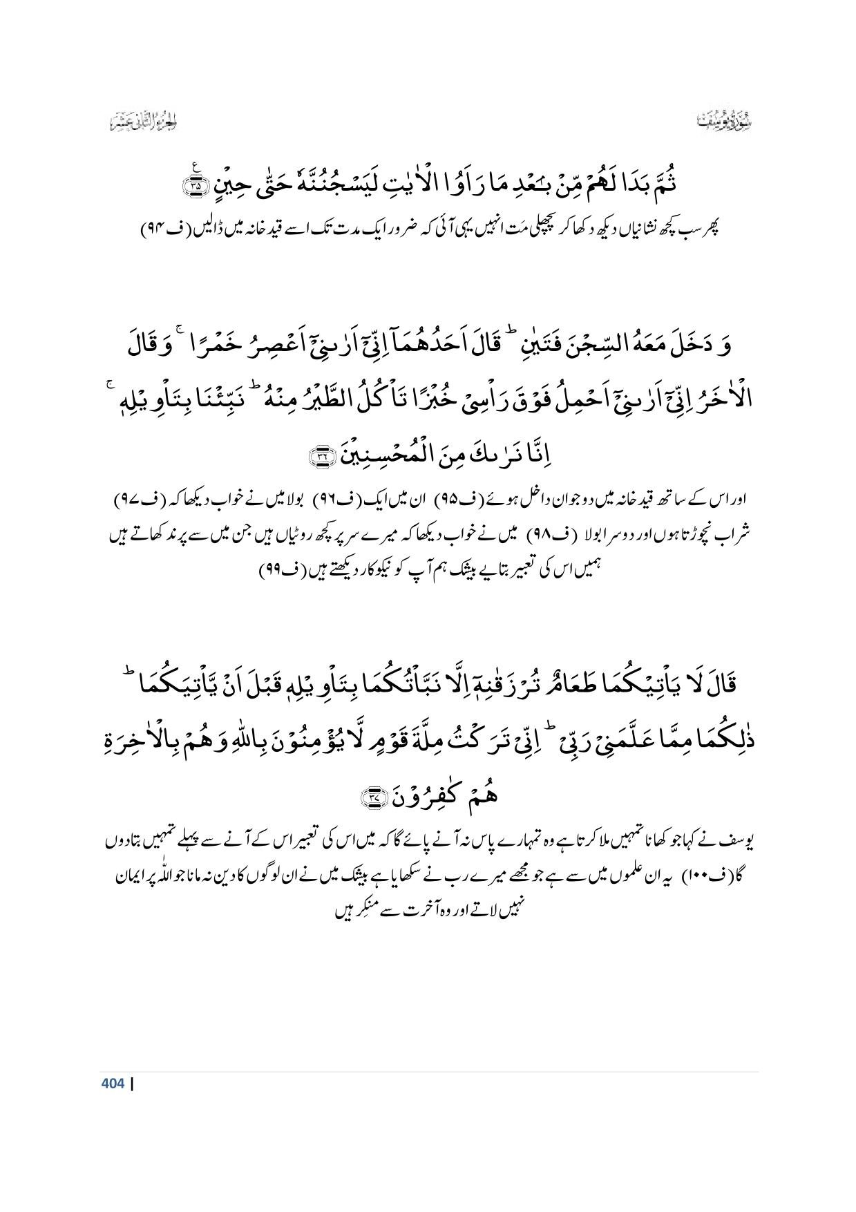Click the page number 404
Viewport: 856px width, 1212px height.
[x=112, y=1083]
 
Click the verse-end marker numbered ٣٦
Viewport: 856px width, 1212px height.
[x=321, y=455]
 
